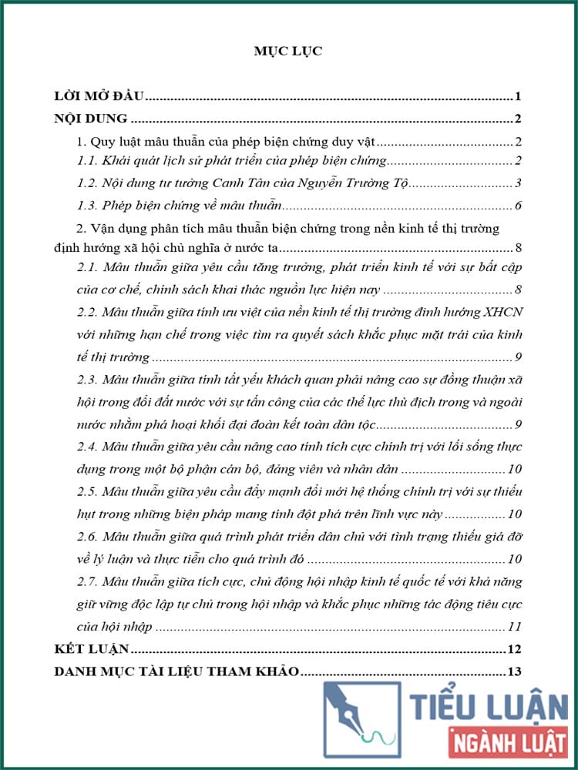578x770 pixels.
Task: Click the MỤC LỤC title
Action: click(288, 51)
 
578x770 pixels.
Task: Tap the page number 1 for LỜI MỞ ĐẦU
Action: click(519, 97)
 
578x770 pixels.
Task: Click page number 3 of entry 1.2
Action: click(519, 183)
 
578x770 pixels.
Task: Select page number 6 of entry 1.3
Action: click(519, 206)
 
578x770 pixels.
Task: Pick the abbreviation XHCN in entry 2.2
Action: click(502, 313)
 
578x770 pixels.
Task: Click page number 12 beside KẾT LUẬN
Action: click(516, 648)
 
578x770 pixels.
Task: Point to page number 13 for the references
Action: click(516, 671)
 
